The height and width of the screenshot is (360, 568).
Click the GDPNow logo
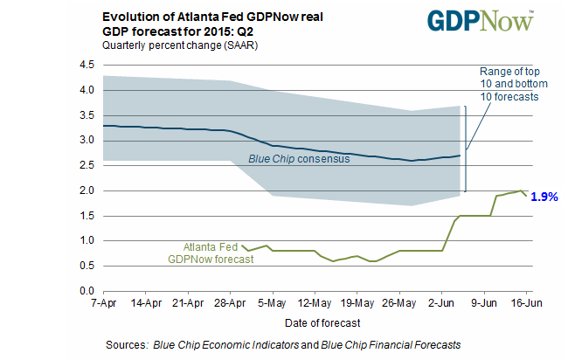tap(481, 21)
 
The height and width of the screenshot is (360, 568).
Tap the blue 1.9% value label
tap(544, 197)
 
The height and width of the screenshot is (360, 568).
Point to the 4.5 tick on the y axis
tap(87, 65)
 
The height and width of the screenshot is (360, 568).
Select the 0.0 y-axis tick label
tap(87, 291)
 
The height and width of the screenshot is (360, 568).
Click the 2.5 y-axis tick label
tap(87, 165)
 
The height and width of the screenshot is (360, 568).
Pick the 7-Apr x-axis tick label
tap(104, 303)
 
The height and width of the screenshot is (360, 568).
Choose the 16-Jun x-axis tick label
tap(526, 303)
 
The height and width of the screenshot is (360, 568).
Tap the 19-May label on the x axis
tap(357, 303)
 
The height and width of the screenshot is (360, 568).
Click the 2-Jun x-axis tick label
tap(441, 303)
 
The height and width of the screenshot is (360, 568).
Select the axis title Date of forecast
tap(322, 322)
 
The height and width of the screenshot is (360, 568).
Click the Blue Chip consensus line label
tap(299, 159)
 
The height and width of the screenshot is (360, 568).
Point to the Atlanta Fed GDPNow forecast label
tap(211, 253)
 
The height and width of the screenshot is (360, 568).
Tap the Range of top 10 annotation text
tap(514, 84)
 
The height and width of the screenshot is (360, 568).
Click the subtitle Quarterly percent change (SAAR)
tap(180, 45)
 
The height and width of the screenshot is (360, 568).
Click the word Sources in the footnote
tap(127, 344)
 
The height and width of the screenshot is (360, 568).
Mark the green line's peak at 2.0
tap(521, 190)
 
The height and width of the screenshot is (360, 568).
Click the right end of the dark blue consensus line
tap(460, 156)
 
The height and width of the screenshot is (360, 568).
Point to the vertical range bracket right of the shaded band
tap(466, 149)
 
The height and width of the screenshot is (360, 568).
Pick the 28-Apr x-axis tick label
tap(230, 303)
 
